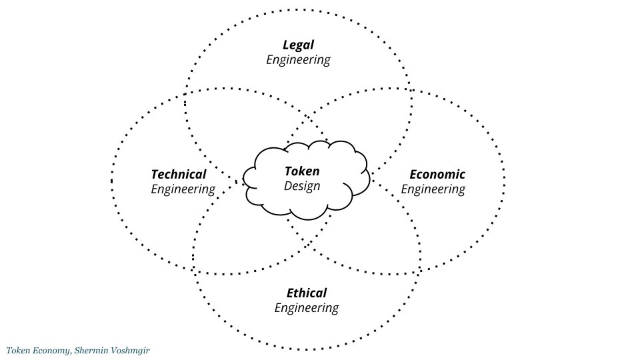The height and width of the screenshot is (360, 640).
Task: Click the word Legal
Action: (x=298, y=45)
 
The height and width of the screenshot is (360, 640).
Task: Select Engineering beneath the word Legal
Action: (x=298, y=60)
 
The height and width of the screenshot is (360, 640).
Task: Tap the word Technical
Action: (x=179, y=175)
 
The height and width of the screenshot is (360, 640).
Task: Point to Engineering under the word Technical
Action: (x=183, y=189)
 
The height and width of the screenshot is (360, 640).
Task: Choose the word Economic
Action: (x=437, y=175)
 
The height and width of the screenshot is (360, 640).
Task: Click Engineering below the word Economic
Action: (x=433, y=189)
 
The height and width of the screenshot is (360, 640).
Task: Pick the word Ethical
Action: (x=307, y=293)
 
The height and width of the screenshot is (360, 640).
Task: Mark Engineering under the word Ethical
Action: (x=306, y=308)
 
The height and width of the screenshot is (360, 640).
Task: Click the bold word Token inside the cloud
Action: (x=302, y=171)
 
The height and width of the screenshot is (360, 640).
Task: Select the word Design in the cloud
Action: (x=302, y=186)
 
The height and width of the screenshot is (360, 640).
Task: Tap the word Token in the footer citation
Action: (x=19, y=350)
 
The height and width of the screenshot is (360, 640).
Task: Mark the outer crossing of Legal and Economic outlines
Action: (x=410, y=90)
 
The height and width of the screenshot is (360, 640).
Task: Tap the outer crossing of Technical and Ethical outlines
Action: (x=194, y=268)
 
